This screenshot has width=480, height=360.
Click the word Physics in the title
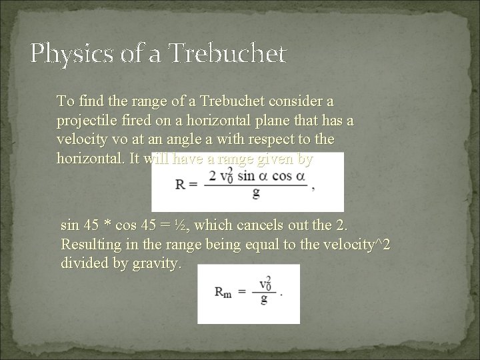[61, 53]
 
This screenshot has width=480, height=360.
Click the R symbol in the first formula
[181, 183]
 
